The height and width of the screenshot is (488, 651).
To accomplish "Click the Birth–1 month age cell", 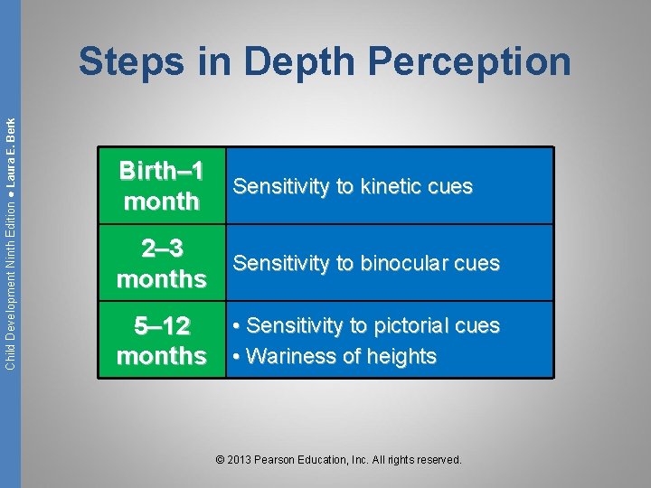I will (162, 186).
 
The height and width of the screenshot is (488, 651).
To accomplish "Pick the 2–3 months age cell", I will (162, 264).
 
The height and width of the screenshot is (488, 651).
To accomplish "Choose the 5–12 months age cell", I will (162, 341).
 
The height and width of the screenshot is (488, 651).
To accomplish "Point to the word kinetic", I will (392, 186).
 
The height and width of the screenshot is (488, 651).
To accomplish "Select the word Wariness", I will (288, 356).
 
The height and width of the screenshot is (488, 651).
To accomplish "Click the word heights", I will (401, 356).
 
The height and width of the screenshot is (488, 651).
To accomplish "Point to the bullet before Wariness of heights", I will (235, 357).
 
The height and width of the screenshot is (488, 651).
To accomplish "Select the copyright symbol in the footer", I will (221, 460).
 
